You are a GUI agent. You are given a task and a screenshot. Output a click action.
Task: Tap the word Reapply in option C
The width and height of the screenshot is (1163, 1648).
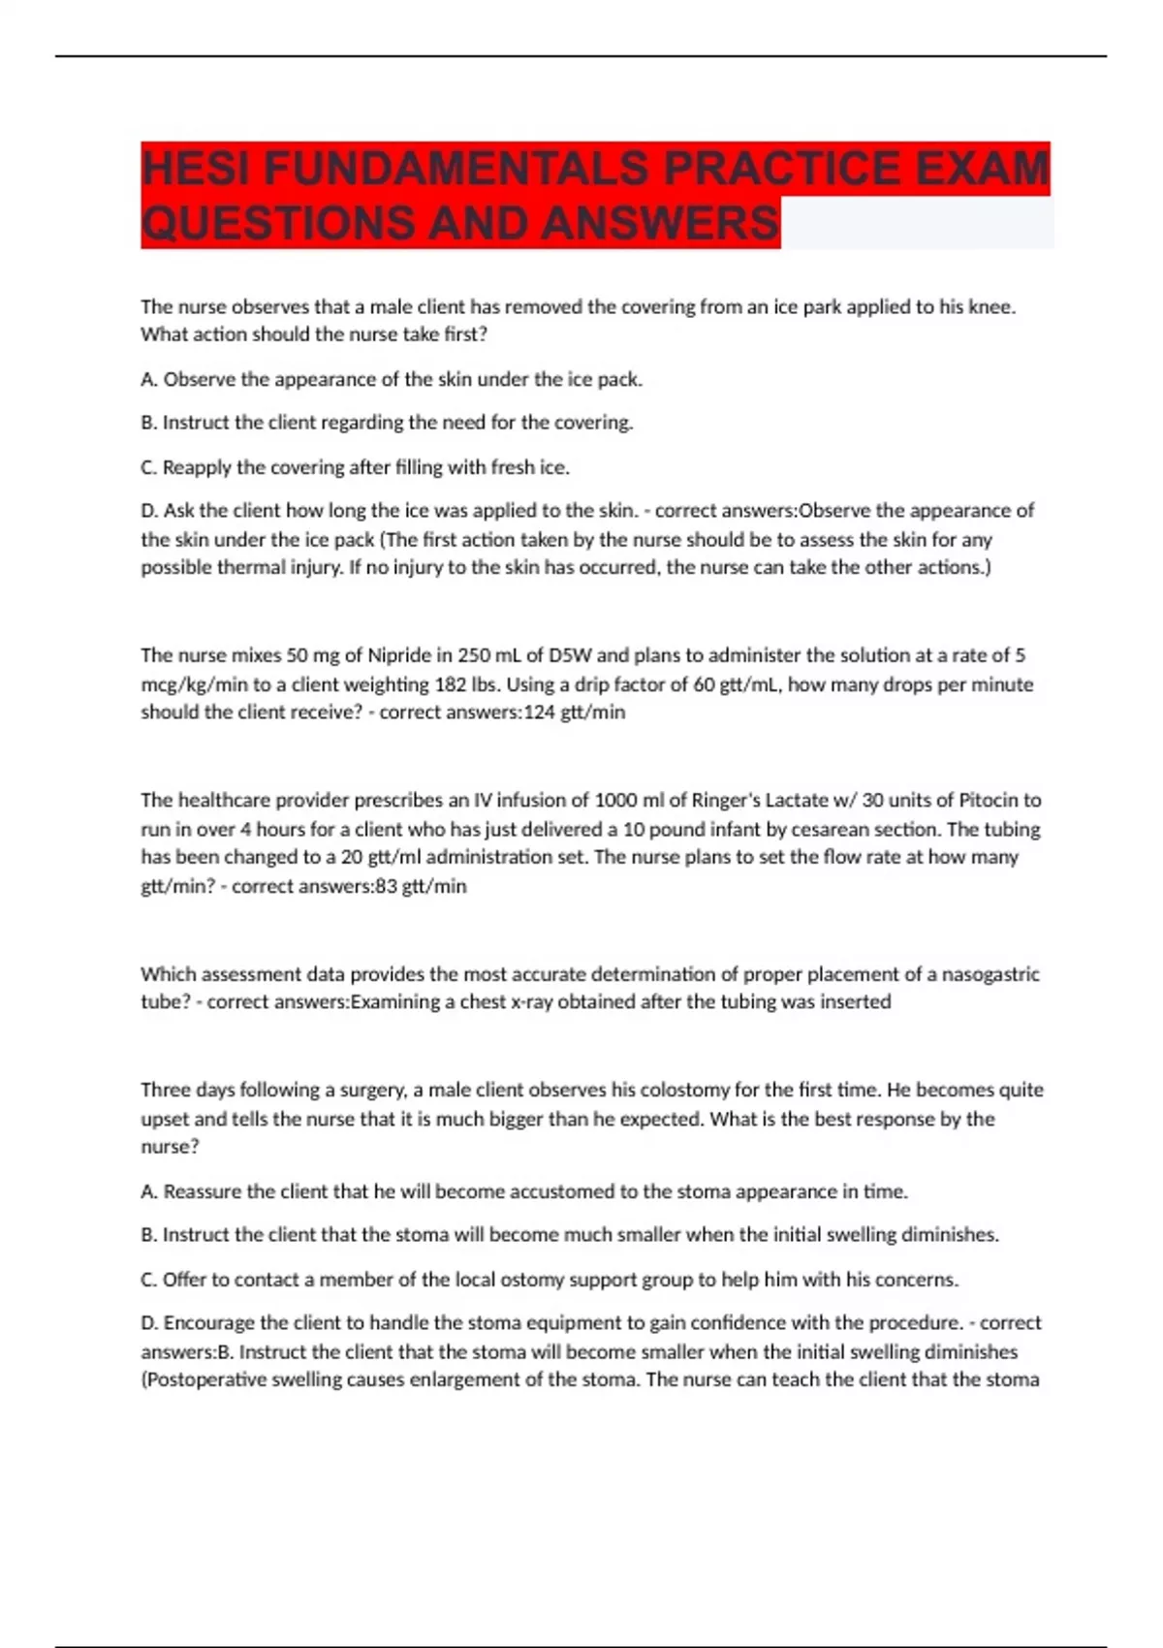click(x=197, y=467)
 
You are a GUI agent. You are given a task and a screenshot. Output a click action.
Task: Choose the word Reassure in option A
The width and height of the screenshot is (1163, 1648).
click(x=202, y=1191)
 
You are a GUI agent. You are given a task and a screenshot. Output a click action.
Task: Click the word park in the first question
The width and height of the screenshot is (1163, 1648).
click(x=821, y=307)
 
